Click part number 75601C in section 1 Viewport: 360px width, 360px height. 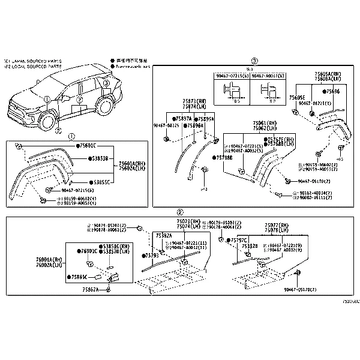[x=87, y=146]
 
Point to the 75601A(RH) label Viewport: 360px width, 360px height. [x=131, y=163]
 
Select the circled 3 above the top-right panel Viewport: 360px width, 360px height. [x=254, y=61]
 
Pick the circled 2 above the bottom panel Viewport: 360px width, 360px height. [x=179, y=212]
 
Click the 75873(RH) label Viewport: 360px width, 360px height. [x=195, y=101]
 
